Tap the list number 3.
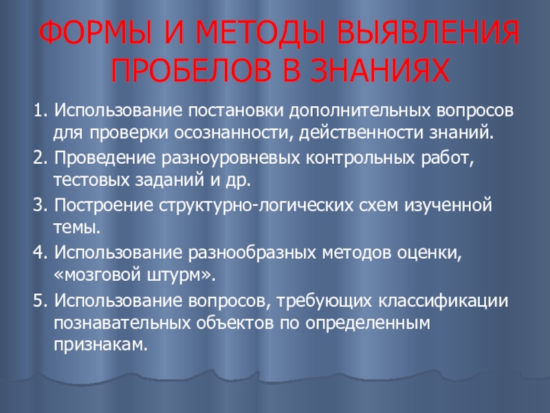click(x=38, y=205)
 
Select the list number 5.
click(x=38, y=301)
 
